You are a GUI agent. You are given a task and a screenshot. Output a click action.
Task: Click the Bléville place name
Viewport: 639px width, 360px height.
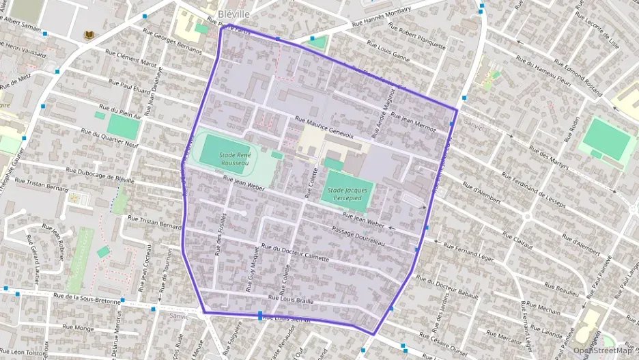[233, 14]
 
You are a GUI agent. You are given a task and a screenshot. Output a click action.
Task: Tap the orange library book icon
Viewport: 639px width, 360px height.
[88, 35]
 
